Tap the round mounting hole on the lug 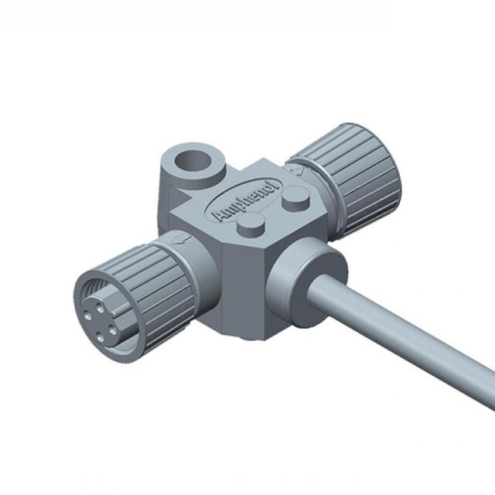pyautogui.click(x=193, y=162)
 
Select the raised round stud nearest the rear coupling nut pyautogui.click(x=296, y=199)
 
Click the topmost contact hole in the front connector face pyautogui.click(x=101, y=308)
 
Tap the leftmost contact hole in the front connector pyautogui.click(x=87, y=315)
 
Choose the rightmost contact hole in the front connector pyautogui.click(x=113, y=330)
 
